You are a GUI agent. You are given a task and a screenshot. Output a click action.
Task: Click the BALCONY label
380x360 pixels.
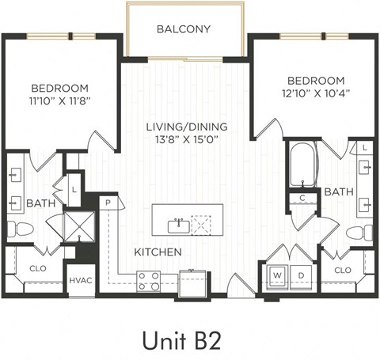point(183,29)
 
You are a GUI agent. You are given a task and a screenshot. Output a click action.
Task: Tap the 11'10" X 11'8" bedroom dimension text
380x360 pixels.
point(60,101)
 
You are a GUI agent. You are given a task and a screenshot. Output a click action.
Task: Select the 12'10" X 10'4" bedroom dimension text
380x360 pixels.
point(315,93)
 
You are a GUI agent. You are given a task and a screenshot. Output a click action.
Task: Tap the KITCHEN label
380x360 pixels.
point(158,252)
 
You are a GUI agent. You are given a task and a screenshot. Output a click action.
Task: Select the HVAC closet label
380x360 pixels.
point(80,281)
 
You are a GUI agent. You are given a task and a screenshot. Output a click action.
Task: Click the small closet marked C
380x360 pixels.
point(302,199)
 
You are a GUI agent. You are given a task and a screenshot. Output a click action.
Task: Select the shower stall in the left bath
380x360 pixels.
point(79,225)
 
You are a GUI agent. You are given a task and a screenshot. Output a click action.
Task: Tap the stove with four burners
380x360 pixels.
point(149,280)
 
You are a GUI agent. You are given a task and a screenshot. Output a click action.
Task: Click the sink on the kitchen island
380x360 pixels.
point(179,225)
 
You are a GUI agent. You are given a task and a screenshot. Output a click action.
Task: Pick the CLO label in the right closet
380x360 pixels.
point(342,270)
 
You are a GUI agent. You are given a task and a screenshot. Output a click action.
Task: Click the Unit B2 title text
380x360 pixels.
point(182,339)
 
